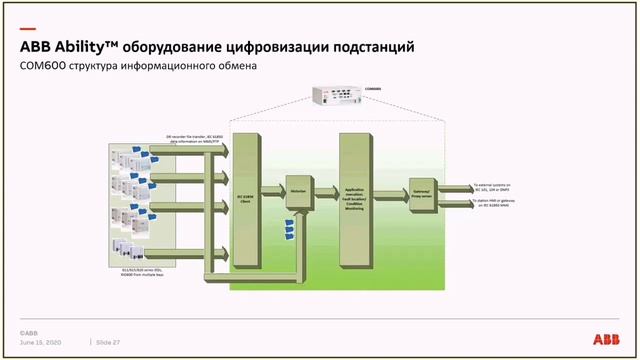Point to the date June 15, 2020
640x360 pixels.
42,342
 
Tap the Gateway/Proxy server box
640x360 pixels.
420,192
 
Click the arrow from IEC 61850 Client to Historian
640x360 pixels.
271,187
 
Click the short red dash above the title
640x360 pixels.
27,29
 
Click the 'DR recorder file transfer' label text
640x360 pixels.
194,137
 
